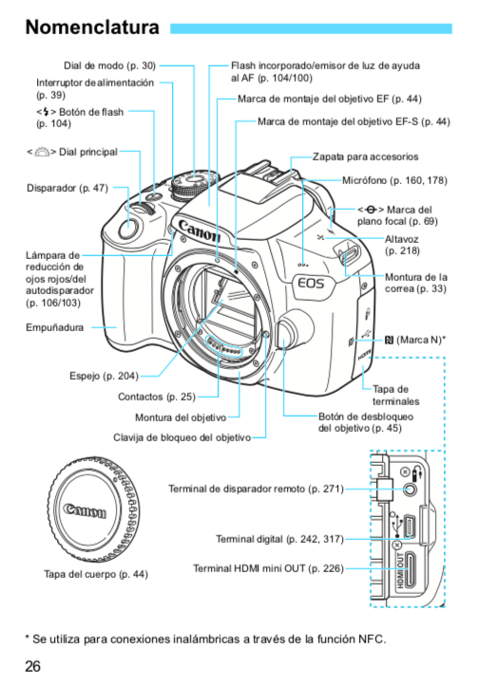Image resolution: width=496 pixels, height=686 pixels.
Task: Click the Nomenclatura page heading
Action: pyautogui.click(x=92, y=28)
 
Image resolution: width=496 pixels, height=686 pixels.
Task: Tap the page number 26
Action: pyautogui.click(x=32, y=666)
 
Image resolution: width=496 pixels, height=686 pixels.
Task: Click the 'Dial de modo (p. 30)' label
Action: pyautogui.click(x=109, y=65)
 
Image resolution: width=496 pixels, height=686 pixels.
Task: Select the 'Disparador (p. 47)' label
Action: pyautogui.click(x=67, y=188)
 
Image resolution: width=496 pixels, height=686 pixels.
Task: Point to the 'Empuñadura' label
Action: pyautogui.click(x=55, y=327)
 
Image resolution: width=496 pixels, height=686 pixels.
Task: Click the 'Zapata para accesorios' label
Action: pyautogui.click(x=366, y=157)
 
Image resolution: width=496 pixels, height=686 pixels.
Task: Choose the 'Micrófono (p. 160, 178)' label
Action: pyautogui.click(x=394, y=180)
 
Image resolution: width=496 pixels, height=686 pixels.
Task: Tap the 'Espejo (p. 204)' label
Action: pyautogui.click(x=104, y=376)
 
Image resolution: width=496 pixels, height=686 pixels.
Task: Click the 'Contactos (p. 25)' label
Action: pyautogui.click(x=157, y=397)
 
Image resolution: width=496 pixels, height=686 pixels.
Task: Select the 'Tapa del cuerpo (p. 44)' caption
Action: pyautogui.click(x=96, y=574)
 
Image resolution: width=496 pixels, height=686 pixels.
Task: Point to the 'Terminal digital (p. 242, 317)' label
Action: pyautogui.click(x=279, y=539)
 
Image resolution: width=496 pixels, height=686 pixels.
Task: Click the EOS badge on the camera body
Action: pyautogui.click(x=312, y=284)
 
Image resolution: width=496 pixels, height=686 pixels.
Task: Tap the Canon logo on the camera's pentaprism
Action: pyautogui.click(x=200, y=231)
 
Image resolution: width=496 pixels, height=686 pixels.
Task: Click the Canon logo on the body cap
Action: pyautogui.click(x=85, y=510)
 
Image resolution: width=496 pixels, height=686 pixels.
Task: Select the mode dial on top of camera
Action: pyautogui.click(x=194, y=184)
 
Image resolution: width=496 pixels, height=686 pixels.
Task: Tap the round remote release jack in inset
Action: pyautogui.click(x=410, y=489)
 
